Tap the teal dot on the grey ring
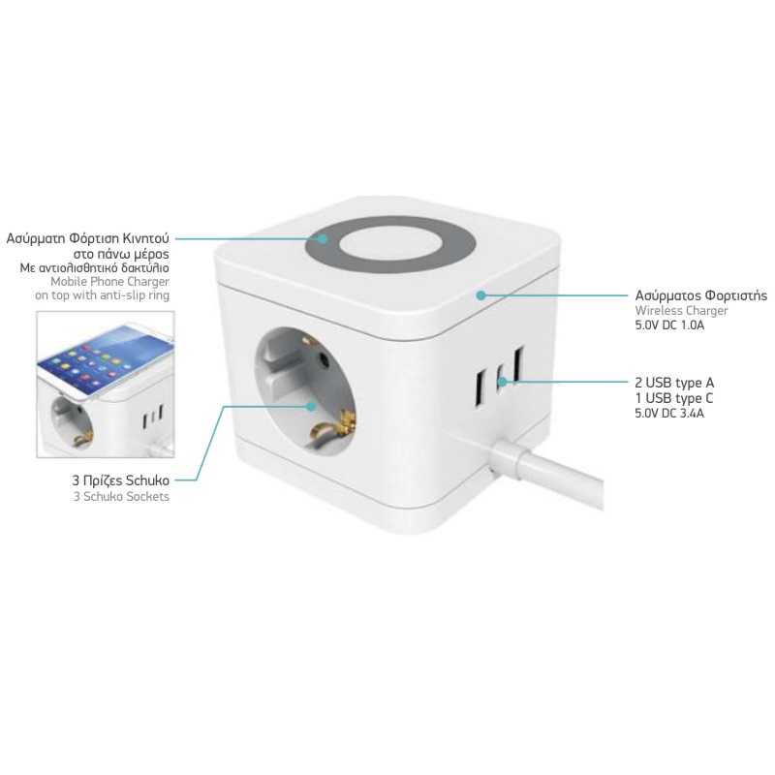coord(323,238)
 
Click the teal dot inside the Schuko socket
coord(311,406)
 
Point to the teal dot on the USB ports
coord(502,382)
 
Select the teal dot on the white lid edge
coord(480,295)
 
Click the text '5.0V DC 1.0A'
coord(669,325)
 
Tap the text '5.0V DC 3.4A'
coord(669,414)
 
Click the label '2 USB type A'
coord(674,383)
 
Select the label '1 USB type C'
coord(673,398)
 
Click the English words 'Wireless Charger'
coord(681,311)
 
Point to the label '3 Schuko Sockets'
coord(121,496)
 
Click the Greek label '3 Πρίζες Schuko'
coord(120,480)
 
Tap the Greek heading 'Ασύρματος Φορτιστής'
coord(700,295)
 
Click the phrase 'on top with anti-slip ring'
coord(102,295)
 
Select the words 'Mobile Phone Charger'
coord(109,281)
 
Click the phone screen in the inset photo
coord(104,360)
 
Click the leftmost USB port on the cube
coord(480,388)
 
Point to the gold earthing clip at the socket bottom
coord(336,425)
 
